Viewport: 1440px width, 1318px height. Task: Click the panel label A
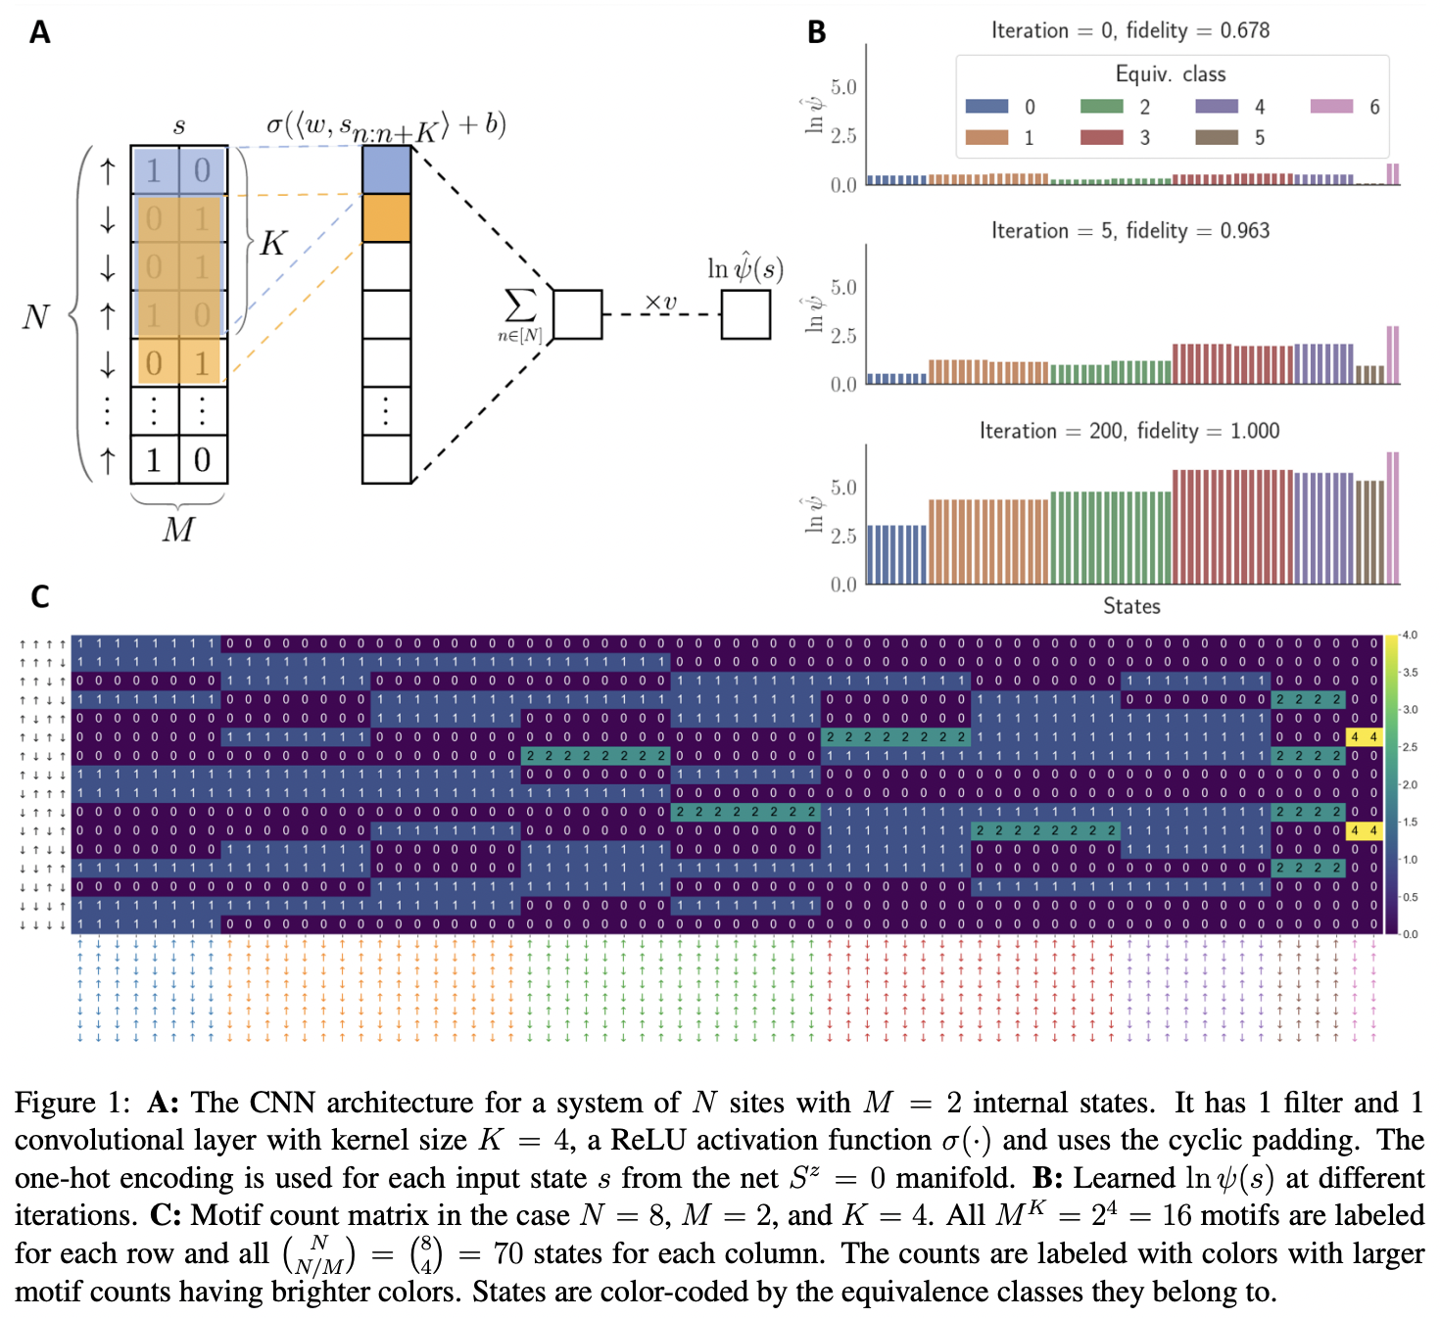click(x=39, y=32)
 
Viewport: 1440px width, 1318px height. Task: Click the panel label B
click(x=816, y=32)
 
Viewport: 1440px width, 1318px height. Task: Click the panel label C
click(x=39, y=596)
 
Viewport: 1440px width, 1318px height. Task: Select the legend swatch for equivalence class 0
click(x=986, y=107)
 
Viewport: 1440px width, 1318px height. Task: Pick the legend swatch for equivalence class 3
click(x=1101, y=137)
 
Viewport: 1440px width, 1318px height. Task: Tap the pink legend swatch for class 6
click(x=1331, y=107)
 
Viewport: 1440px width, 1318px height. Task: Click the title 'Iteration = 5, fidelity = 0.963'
click(x=1129, y=231)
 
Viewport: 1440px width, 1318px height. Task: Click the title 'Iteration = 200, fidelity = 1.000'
click(x=1129, y=431)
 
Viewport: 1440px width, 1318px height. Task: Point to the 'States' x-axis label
click(x=1131, y=606)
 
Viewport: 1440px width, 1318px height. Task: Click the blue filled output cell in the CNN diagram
click(x=386, y=169)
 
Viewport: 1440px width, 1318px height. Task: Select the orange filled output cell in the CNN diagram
click(x=386, y=217)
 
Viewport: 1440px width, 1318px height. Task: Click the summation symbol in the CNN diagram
click(x=519, y=306)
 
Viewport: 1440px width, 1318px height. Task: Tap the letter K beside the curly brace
click(x=272, y=243)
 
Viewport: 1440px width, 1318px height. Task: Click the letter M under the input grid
click(x=178, y=530)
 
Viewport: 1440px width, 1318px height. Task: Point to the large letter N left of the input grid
click(x=36, y=316)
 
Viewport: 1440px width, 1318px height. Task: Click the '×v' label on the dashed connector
click(x=660, y=302)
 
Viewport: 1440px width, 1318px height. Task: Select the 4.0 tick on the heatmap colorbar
click(x=1410, y=635)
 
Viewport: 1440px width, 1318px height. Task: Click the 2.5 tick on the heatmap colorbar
click(x=1410, y=747)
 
